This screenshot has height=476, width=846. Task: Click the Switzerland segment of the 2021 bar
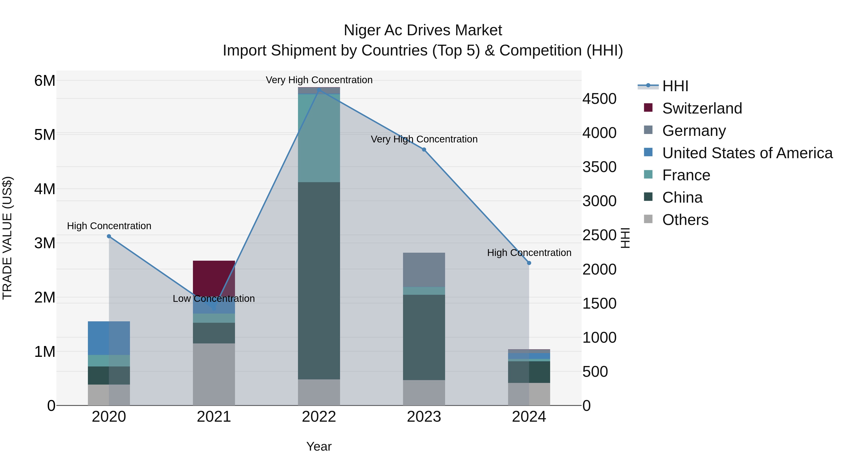tap(214, 278)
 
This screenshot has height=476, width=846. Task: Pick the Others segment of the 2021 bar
tap(214, 374)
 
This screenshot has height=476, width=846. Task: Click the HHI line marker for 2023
tap(424, 150)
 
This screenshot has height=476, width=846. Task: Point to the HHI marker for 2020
tap(109, 236)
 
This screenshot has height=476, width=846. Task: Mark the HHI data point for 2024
tap(529, 263)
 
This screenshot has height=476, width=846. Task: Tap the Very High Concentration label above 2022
tap(319, 80)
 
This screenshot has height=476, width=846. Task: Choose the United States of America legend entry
tap(747, 153)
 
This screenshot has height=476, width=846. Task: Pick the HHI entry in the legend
tap(675, 86)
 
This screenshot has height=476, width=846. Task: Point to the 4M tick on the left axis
tap(45, 189)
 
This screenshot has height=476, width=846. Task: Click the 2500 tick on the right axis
tap(599, 235)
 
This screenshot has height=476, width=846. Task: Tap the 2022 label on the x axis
tap(319, 417)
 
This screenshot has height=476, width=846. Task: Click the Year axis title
tap(319, 446)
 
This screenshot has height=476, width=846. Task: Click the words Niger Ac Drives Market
tap(423, 30)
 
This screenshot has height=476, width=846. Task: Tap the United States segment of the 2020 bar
tap(109, 338)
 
